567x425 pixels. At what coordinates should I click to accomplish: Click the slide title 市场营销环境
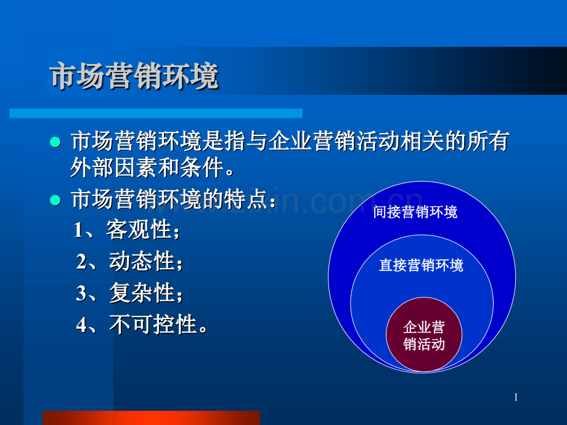coord(134,76)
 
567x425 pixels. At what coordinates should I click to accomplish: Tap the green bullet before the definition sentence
coord(55,142)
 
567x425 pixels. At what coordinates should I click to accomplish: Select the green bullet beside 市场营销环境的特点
coord(55,200)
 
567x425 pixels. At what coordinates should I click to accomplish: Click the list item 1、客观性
coord(126,230)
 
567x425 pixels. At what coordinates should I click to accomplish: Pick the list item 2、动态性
coord(129,261)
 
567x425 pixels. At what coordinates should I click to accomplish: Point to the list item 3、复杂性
coord(129,293)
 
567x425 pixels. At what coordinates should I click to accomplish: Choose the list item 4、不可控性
coord(141,324)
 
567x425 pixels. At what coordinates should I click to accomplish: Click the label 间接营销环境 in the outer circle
coord(415,212)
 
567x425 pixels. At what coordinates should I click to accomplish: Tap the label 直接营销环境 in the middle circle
coord(421,265)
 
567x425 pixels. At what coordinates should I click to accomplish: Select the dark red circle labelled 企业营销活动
coord(424,334)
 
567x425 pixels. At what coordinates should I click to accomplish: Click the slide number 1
coord(516,397)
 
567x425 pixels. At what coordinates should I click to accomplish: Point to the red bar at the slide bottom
coord(151,418)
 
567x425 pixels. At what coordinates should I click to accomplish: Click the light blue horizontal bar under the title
coord(156,113)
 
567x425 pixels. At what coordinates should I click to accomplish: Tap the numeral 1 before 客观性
coord(78,230)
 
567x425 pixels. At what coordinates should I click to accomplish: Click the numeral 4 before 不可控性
coord(81,325)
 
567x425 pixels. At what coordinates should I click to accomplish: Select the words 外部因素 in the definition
coord(114,168)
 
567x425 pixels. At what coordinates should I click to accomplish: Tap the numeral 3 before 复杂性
coord(81,293)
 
